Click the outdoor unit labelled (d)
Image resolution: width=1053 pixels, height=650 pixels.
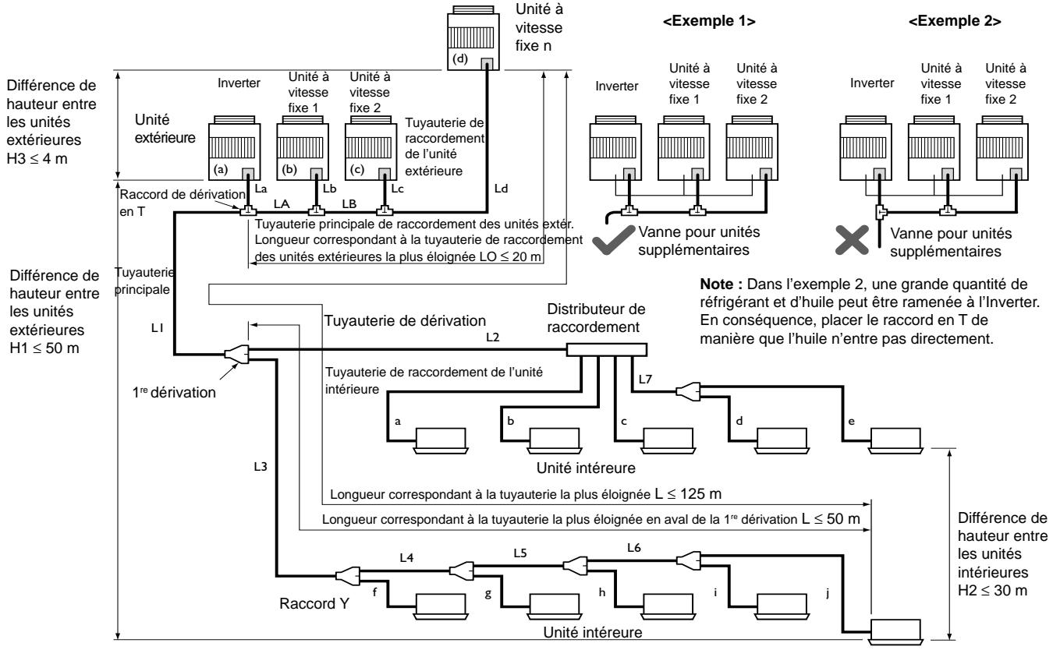[473, 38]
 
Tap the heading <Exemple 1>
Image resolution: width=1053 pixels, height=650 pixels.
[709, 21]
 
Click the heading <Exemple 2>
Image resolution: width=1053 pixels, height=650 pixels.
[955, 21]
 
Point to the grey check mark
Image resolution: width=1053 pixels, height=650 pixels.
[613, 239]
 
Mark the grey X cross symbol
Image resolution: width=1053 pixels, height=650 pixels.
[852, 240]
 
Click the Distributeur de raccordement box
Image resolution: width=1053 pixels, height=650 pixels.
[606, 350]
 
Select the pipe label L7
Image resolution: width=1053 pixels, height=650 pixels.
[645, 379]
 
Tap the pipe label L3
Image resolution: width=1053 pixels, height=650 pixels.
[261, 466]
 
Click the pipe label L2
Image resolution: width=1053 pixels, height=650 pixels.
[492, 337]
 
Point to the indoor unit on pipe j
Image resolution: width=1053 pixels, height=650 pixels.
[895, 631]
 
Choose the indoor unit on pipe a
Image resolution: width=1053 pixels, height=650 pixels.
[441, 440]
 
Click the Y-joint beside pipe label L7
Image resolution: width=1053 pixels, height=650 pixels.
[688, 391]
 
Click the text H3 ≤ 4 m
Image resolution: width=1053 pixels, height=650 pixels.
[37, 159]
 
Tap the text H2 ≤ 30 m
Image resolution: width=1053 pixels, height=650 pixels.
[992, 590]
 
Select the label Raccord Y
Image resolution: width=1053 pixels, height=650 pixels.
[314, 603]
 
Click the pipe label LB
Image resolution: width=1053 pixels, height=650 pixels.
[349, 204]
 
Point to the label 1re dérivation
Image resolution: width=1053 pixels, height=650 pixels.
[174, 392]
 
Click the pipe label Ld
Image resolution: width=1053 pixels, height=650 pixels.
[501, 189]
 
